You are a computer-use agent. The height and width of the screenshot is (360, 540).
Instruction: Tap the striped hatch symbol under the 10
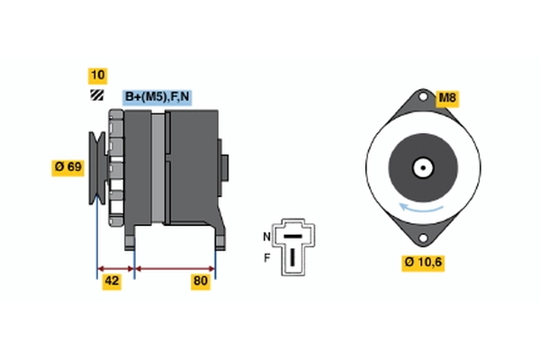[96, 95]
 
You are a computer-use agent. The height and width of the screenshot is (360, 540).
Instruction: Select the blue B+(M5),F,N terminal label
[157, 95]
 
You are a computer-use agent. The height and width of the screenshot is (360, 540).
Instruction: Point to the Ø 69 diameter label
[67, 166]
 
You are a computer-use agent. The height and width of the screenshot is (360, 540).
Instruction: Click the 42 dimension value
[112, 281]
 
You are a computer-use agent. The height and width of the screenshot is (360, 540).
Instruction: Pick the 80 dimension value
[201, 281]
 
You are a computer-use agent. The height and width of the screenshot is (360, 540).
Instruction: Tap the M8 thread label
[447, 98]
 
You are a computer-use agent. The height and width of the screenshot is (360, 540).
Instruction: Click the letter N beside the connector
[265, 236]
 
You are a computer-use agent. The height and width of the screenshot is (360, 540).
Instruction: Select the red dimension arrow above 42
[115, 267]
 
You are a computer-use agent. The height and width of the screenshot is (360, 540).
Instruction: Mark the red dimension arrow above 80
[175, 267]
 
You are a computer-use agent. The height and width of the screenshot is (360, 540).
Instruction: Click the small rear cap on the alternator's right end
[224, 167]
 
